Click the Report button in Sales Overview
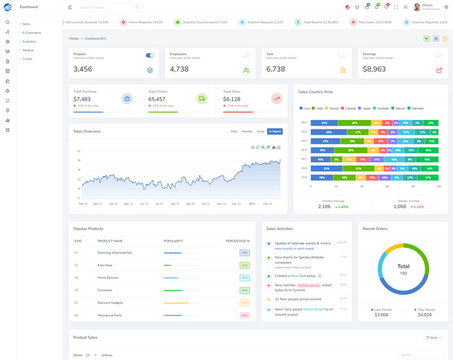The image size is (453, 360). (x=275, y=131)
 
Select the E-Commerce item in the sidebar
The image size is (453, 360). (x=32, y=33)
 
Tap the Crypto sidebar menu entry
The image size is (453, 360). (x=27, y=59)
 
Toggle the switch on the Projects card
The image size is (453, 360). (x=150, y=55)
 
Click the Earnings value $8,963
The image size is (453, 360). (x=374, y=69)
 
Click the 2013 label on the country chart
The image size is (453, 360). (x=304, y=123)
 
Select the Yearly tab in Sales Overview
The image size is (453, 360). (x=260, y=131)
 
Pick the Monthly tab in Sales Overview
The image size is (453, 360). (x=247, y=131)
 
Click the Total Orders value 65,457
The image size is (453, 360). (x=157, y=99)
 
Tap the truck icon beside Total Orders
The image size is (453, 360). (x=202, y=98)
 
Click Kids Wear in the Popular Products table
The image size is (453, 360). (x=105, y=265)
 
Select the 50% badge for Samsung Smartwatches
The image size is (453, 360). (x=245, y=253)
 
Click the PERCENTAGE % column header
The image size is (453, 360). (x=237, y=241)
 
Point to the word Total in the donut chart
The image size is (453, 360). (x=403, y=266)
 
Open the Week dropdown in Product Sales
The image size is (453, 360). (x=433, y=337)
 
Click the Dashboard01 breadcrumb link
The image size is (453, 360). (x=95, y=38)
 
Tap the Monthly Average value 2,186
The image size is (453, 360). (x=324, y=207)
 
